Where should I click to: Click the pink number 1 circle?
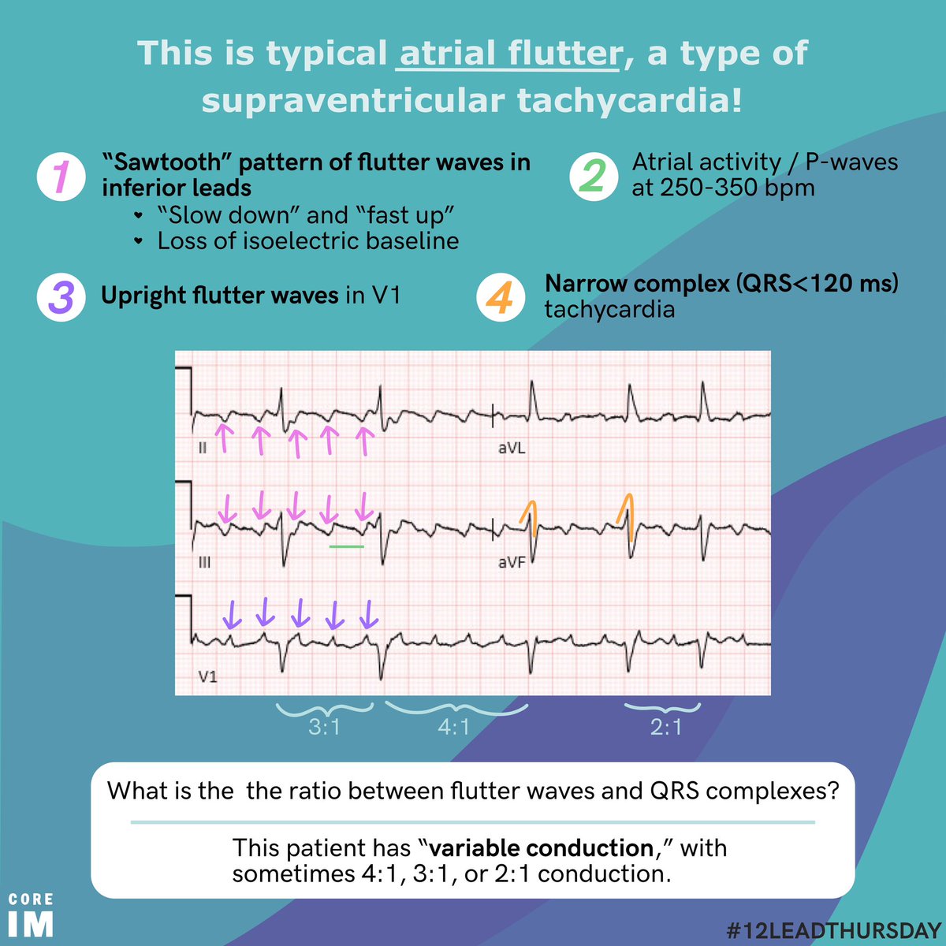point(61,177)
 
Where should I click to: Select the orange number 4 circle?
point(501,298)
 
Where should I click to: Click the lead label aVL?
point(511,449)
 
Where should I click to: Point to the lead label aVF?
point(511,563)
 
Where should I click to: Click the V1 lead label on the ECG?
point(207,676)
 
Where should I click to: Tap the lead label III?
point(203,563)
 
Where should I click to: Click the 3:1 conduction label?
point(324,727)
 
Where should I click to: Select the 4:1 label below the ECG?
point(453,727)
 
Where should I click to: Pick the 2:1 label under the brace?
point(666,727)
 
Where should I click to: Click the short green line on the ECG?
point(347,546)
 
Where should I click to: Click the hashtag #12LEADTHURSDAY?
point(834,930)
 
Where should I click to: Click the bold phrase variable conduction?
point(542,848)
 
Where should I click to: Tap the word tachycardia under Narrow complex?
point(609,309)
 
